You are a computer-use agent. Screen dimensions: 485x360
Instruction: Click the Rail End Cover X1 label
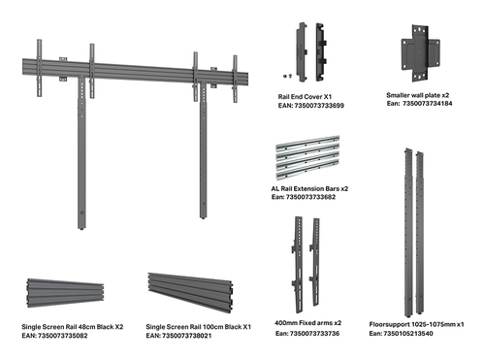click(x=305, y=97)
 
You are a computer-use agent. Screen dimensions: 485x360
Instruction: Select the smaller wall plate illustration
click(x=420, y=53)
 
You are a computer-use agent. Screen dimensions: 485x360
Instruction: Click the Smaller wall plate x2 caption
click(x=418, y=95)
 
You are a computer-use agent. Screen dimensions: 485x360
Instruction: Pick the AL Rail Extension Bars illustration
click(x=307, y=157)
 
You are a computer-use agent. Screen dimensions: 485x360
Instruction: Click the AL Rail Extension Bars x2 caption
click(x=309, y=188)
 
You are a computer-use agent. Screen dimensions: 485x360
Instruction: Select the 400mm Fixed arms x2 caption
click(x=307, y=323)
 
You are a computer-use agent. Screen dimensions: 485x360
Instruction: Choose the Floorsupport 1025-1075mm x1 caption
click(x=416, y=324)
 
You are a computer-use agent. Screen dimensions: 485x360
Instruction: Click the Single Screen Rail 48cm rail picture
click(x=65, y=293)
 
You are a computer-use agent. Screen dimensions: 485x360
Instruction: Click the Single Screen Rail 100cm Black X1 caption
click(x=198, y=327)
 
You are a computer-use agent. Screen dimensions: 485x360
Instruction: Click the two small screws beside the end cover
click(x=287, y=76)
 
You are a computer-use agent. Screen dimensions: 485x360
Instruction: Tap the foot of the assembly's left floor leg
click(x=81, y=228)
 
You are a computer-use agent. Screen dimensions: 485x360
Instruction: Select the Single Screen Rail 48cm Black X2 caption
click(x=73, y=327)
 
